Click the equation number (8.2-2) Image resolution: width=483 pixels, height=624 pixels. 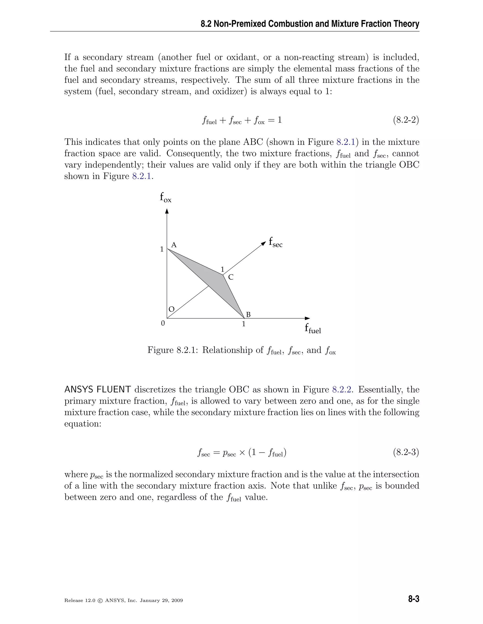(406, 120)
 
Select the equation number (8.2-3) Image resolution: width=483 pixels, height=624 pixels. (406, 453)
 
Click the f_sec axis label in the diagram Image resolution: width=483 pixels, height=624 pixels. (275, 242)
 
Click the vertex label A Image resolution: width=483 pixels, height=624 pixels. (174, 245)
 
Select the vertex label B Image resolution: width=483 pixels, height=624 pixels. (248, 315)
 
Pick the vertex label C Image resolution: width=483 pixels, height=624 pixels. (231, 277)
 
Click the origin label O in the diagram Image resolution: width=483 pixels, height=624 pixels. (171, 309)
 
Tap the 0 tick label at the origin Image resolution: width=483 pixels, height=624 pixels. (163, 324)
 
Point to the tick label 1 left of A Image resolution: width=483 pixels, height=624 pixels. (162, 249)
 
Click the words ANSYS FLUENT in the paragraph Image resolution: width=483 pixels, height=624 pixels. (98, 390)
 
